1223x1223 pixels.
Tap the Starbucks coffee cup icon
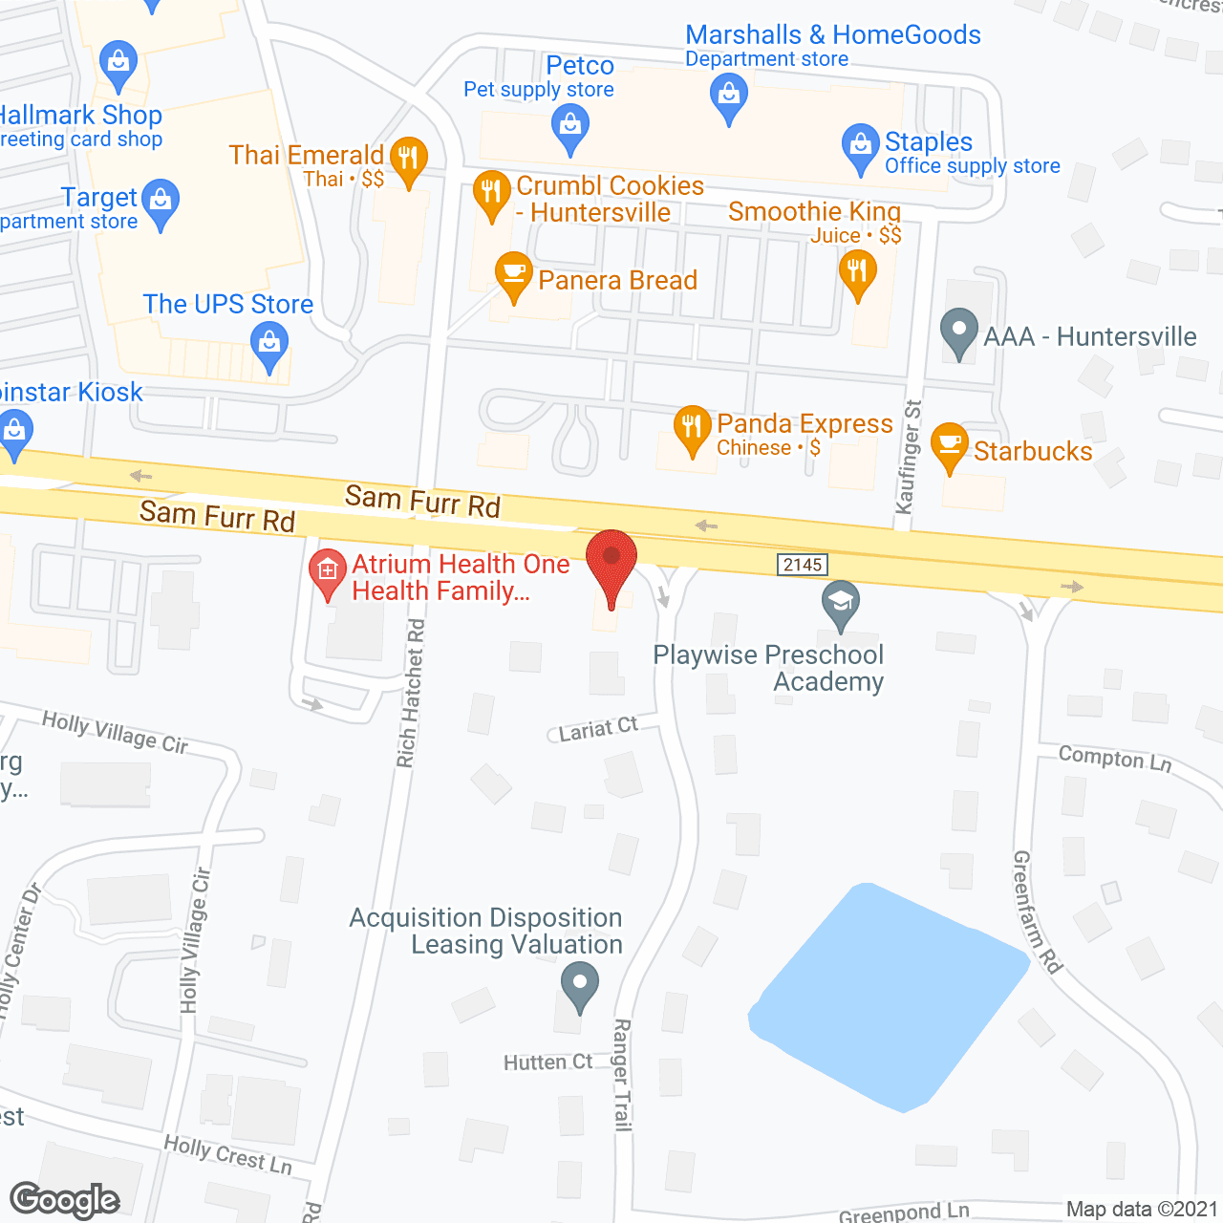coord(949,445)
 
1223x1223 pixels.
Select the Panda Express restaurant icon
coord(692,428)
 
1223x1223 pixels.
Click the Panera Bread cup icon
coord(514,275)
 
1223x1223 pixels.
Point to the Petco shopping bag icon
coord(570,127)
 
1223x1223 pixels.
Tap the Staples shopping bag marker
coord(860,146)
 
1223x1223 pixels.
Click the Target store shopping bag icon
coord(161,203)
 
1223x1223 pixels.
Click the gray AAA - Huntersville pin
coord(959,332)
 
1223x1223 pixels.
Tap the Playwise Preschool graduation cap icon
coord(840,604)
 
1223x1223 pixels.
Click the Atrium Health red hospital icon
coord(328,572)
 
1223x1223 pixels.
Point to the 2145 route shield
coord(802,565)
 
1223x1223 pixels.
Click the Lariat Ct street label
coord(598,729)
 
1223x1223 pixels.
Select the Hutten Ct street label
coord(548,1062)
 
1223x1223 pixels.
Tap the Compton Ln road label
coord(1114,759)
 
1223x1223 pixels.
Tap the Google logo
coord(64,1200)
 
